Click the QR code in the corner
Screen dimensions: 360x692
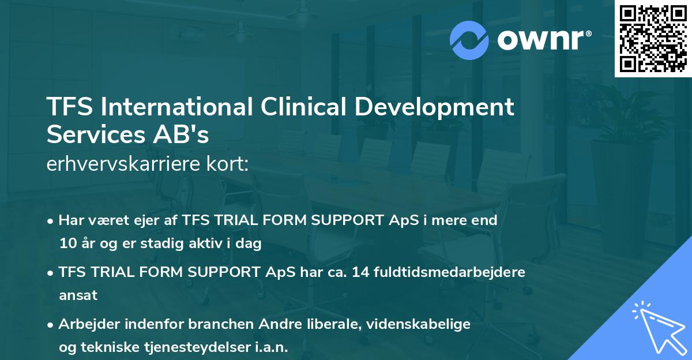(653, 39)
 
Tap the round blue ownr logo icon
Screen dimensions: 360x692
(469, 39)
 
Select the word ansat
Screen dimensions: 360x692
(78, 295)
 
